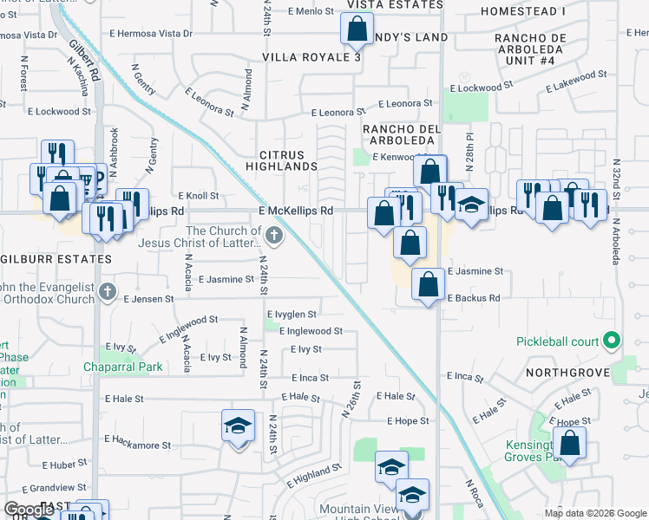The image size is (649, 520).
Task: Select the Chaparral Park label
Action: point(123,367)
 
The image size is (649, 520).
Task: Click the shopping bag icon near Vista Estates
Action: point(357,30)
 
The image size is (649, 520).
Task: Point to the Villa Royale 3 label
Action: point(311,57)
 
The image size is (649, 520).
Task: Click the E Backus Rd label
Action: point(474,297)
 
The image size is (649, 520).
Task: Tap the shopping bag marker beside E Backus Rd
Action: point(427,284)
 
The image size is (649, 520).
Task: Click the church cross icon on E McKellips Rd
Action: point(274,234)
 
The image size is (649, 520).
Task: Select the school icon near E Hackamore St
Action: point(238,426)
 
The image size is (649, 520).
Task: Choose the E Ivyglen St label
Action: point(292,314)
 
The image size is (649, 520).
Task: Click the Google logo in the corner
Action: point(29,510)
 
